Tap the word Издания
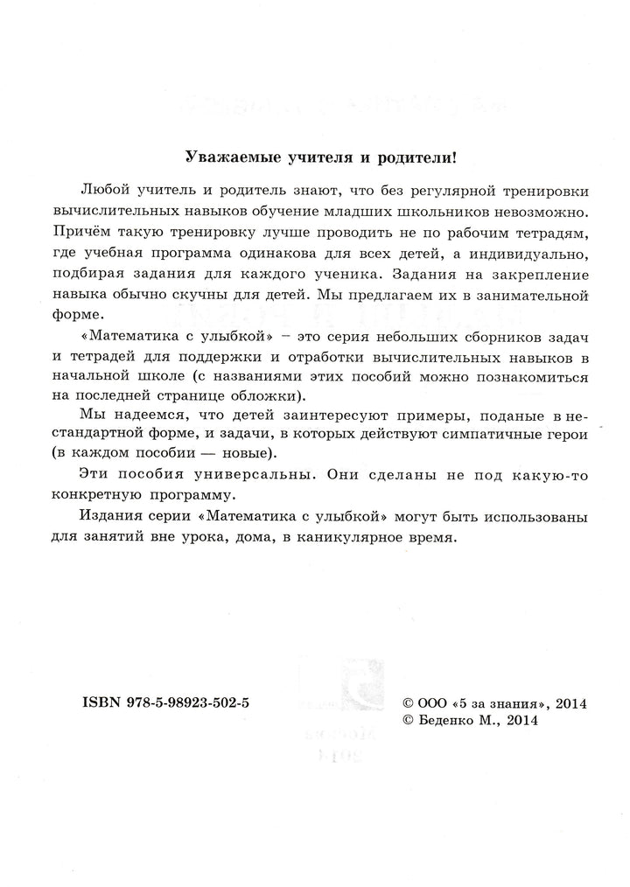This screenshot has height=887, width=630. pyautogui.click(x=108, y=518)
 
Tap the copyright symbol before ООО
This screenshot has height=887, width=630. pyautogui.click(x=406, y=703)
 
